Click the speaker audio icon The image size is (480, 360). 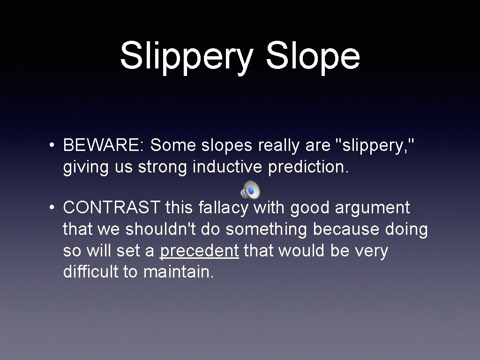coord(250,190)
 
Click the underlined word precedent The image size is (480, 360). coord(199,251)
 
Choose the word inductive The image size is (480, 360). coord(228,167)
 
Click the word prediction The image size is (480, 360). coord(308,167)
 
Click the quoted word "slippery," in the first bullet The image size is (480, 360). coord(375,146)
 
